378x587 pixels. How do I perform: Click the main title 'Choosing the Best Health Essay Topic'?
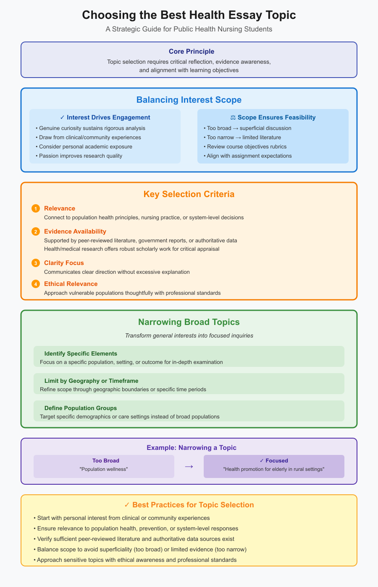(189, 15)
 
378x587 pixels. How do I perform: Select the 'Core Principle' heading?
(192, 51)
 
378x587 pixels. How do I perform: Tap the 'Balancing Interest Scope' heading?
(189, 100)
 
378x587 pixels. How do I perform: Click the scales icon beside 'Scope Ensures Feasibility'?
(233, 117)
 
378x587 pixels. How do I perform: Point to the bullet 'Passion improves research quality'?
(80, 156)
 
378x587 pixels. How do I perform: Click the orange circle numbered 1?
(36, 209)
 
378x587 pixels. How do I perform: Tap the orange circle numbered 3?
(36, 263)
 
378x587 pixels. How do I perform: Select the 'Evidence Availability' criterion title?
(75, 231)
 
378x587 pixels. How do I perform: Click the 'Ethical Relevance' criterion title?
(71, 284)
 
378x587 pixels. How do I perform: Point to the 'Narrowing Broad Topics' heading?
(189, 322)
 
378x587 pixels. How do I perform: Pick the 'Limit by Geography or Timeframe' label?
(91, 381)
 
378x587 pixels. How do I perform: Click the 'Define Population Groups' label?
(81, 408)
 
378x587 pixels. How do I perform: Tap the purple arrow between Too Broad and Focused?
(189, 466)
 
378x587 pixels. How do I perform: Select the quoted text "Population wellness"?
(103, 469)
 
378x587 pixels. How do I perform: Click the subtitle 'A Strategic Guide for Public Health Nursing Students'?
(189, 29)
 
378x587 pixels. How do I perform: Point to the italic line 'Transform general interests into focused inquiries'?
(189, 335)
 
